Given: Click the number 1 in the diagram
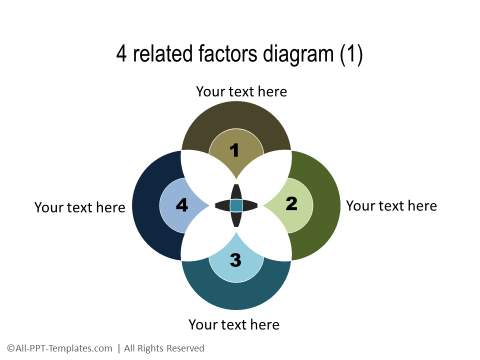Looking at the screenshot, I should [235, 151].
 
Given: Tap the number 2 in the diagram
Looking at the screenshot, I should [291, 204].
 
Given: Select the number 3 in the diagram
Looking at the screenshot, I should [235, 260].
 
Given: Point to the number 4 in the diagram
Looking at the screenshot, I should [181, 205].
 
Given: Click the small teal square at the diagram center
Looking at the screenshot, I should [236, 205].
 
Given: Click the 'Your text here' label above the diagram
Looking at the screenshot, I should [241, 91].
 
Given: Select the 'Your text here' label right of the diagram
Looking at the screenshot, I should [391, 205].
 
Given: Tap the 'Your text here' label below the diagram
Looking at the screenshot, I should [234, 324].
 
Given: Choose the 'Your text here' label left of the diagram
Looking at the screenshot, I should [80, 207].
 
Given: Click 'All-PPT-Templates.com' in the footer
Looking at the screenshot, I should [59, 348].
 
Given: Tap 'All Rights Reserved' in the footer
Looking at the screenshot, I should [164, 348].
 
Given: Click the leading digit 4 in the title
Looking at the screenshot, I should [122, 54].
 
